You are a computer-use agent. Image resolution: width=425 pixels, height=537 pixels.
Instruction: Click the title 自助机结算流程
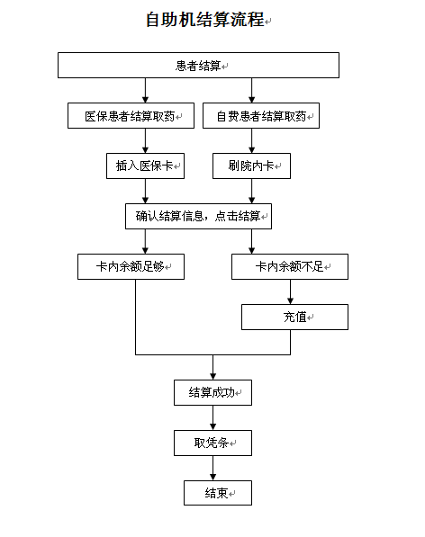(x=205, y=19)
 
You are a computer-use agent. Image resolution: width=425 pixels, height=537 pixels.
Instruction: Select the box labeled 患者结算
(x=198, y=65)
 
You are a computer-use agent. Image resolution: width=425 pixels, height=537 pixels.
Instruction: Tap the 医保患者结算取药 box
(x=131, y=116)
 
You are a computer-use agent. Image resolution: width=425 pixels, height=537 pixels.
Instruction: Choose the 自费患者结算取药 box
(x=261, y=116)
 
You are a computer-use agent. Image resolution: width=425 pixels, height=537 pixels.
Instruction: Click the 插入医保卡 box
(x=145, y=166)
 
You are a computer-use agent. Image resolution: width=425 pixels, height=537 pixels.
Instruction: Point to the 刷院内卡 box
(x=251, y=166)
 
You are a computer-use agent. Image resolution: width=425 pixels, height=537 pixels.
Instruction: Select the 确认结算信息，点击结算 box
(x=198, y=217)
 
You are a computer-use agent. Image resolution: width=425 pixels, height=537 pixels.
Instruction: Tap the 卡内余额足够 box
(x=131, y=266)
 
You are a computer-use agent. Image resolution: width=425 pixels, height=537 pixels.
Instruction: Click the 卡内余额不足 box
(x=290, y=266)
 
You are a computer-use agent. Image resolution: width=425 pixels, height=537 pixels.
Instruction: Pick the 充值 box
(x=294, y=318)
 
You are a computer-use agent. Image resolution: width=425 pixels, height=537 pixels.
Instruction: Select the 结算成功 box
(x=212, y=392)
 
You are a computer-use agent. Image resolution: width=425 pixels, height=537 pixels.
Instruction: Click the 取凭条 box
(x=212, y=443)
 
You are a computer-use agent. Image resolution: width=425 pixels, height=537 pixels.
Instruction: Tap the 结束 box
(x=218, y=493)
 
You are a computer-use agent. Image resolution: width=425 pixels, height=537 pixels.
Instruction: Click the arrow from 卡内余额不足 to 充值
(x=290, y=291)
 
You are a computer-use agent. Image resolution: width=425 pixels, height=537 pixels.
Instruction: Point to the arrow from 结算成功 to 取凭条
(x=212, y=418)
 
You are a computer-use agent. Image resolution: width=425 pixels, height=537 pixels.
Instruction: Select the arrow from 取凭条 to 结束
(x=212, y=468)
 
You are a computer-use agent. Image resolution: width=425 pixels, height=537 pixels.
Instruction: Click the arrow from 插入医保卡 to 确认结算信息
(x=145, y=191)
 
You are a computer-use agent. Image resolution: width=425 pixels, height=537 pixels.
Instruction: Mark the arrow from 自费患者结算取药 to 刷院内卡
(x=251, y=140)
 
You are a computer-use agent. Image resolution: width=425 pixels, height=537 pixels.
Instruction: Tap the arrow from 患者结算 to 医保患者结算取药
(x=145, y=91)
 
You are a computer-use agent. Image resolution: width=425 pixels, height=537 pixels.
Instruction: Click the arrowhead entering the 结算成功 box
(x=212, y=377)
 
